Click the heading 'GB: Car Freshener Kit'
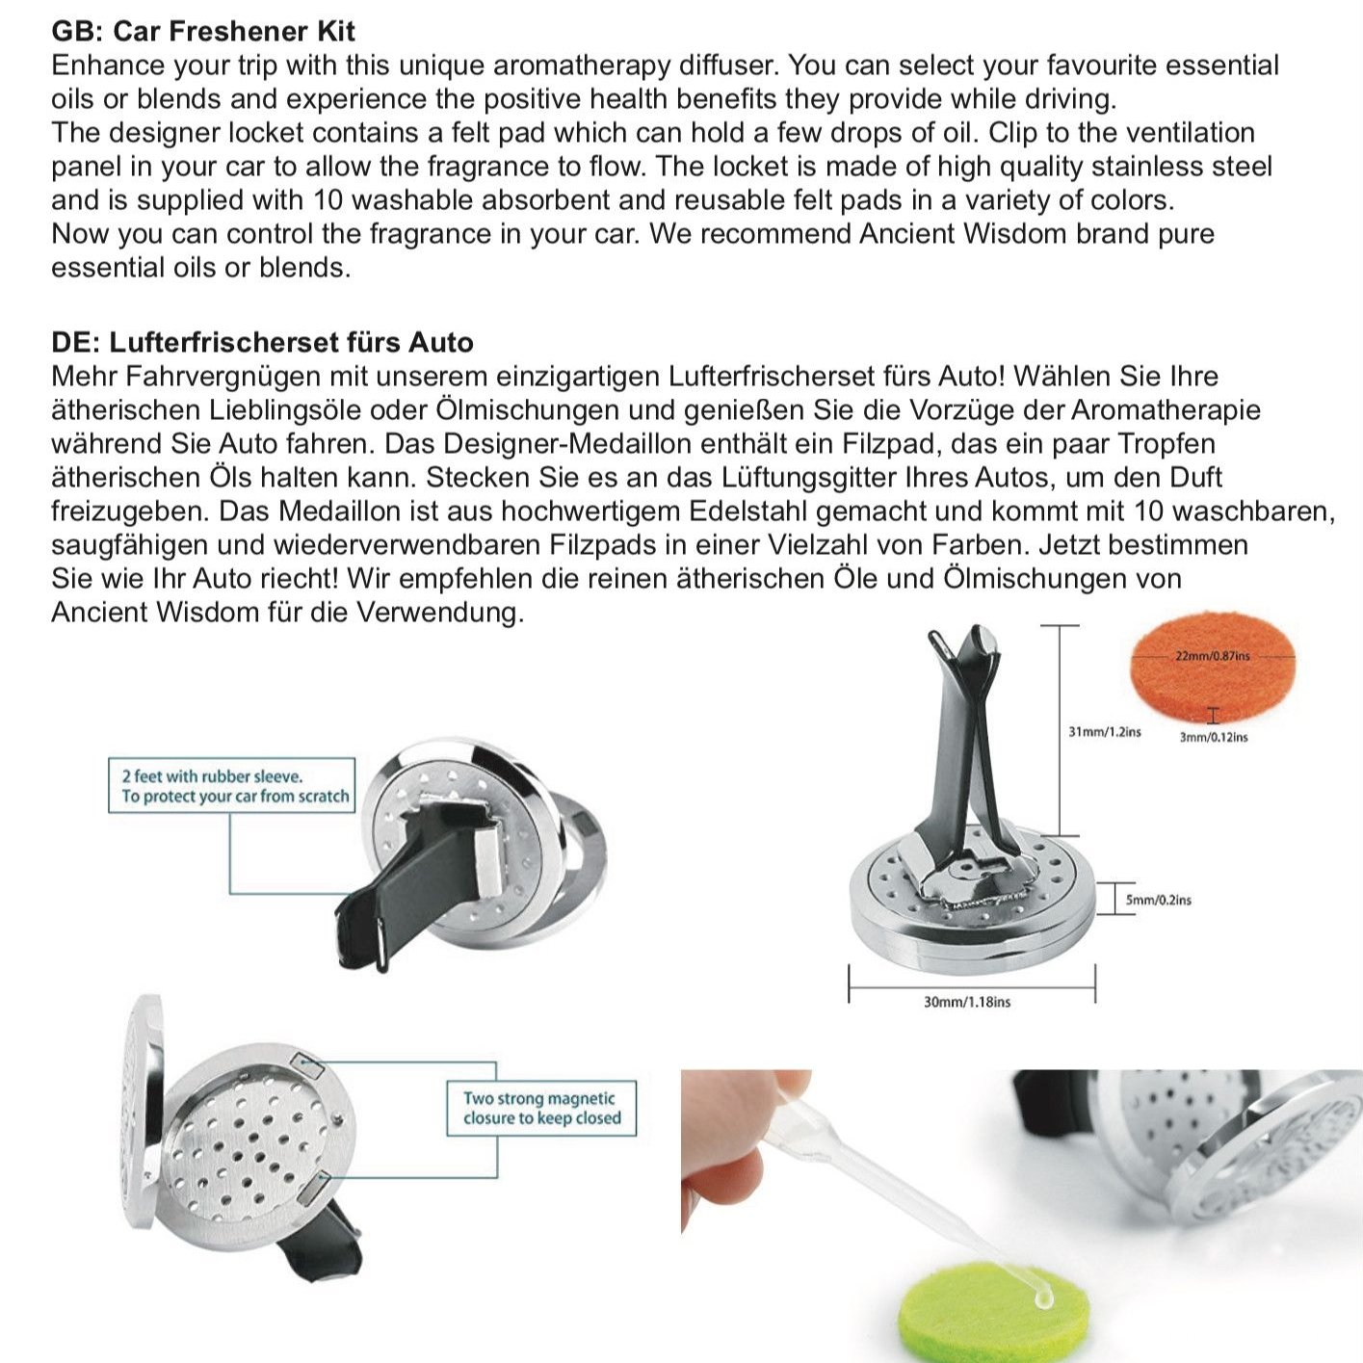(203, 31)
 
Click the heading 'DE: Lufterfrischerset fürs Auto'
(262, 342)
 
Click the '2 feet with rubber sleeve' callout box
(231, 786)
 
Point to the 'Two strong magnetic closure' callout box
(541, 1108)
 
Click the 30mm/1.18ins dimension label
(967, 1002)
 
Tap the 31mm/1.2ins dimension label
(1104, 732)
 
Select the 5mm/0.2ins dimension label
(1159, 900)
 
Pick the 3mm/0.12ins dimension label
(1213, 737)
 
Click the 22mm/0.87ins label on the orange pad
(1212, 656)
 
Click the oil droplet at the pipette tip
(1041, 1299)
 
